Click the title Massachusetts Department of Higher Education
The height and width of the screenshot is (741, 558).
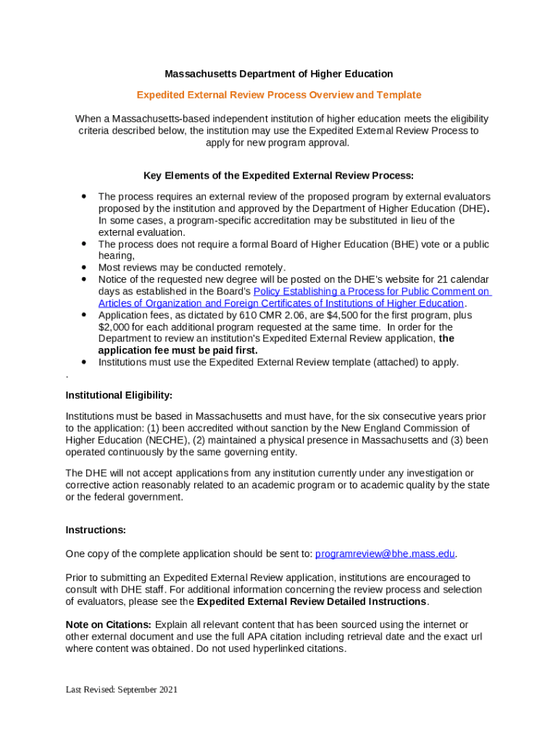[x=278, y=74]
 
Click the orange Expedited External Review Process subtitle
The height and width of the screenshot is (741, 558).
[x=278, y=95]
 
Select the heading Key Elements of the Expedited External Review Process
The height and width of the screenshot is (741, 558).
[x=278, y=175]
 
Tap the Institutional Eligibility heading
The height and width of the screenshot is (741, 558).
[x=119, y=395]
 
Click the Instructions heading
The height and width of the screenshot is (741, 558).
[x=96, y=530]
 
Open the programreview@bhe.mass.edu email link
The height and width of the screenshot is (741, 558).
[x=385, y=554]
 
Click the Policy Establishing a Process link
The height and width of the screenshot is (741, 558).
[x=371, y=291]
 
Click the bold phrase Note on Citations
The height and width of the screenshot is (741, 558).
[x=108, y=624]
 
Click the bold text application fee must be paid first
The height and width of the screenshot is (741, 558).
[x=178, y=350]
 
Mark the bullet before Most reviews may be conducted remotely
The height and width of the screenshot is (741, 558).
[x=84, y=267]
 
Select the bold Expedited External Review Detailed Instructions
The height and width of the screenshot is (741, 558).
[x=312, y=601]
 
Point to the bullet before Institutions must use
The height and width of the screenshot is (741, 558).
[x=84, y=362]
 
